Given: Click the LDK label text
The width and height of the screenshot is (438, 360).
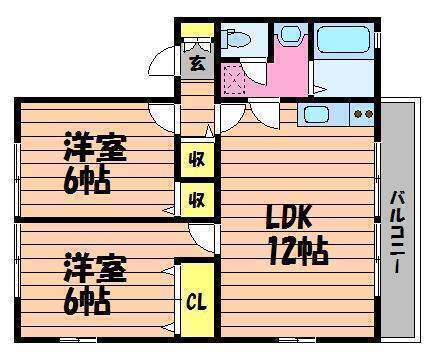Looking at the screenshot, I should tap(290, 216).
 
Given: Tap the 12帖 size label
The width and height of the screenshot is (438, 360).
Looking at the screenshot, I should tap(296, 250).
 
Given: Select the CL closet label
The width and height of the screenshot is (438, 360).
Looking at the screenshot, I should tap(194, 300).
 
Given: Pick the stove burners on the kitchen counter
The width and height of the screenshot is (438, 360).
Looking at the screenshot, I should tap(362, 113).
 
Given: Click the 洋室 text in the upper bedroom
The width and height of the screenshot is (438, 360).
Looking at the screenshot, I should tap(96, 148).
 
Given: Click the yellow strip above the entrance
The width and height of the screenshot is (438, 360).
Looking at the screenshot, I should tap(194, 27).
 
